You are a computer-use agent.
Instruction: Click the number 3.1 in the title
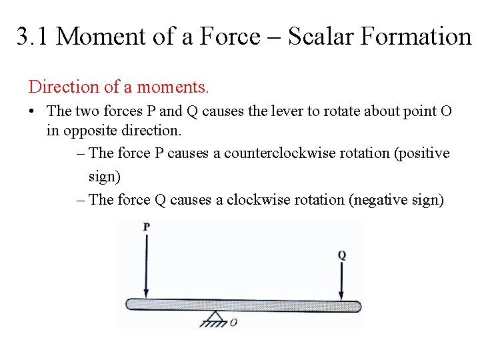(32, 37)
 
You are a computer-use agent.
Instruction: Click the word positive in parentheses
(423, 153)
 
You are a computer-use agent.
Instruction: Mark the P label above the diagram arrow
(147, 227)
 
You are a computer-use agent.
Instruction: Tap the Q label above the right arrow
(341, 255)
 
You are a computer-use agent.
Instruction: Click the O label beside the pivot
(233, 322)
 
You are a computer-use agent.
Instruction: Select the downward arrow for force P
(147, 267)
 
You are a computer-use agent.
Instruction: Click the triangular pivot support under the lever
(214, 319)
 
